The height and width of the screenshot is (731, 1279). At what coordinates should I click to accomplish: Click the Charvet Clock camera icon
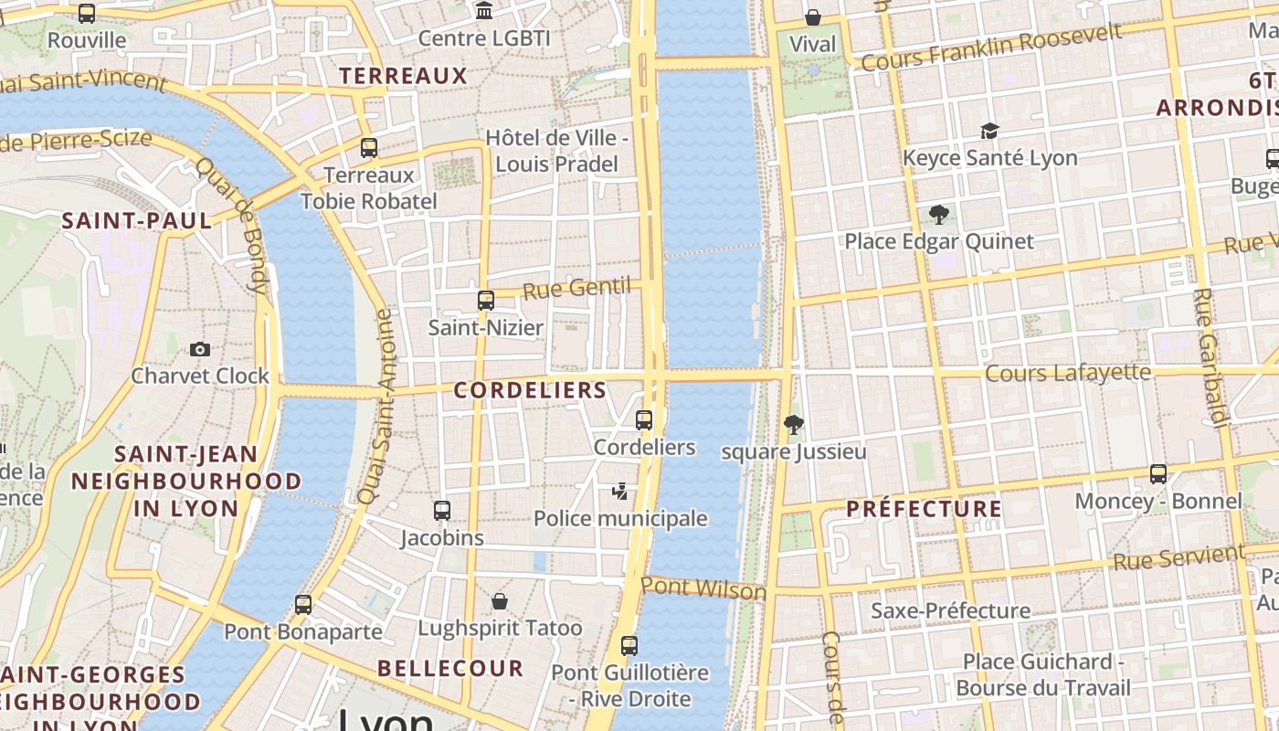(x=200, y=349)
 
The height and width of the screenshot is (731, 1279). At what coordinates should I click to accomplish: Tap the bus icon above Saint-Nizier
(x=486, y=300)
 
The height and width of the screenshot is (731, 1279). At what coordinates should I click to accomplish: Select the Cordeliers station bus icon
(x=644, y=420)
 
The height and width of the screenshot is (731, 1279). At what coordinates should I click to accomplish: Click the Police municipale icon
(x=620, y=492)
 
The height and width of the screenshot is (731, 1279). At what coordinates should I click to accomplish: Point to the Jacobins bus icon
(x=442, y=511)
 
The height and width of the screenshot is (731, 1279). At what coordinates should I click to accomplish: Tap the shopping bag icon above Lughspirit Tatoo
(x=500, y=601)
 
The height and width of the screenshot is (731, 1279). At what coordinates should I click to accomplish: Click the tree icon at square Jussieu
(x=794, y=424)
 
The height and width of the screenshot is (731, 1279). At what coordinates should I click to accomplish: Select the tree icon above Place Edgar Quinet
(x=938, y=215)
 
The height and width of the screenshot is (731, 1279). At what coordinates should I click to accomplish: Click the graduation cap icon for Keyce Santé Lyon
(x=989, y=131)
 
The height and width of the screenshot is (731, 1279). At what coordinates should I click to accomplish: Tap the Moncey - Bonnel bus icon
(x=1158, y=474)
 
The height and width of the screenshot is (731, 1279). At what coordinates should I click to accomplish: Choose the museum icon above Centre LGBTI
(x=484, y=11)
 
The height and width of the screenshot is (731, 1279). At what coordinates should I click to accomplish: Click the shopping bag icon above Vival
(x=812, y=17)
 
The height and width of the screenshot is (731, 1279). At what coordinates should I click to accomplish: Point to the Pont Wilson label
(x=703, y=588)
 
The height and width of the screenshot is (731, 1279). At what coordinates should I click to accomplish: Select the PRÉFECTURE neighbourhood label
(x=924, y=509)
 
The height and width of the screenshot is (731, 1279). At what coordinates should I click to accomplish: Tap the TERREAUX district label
(x=403, y=76)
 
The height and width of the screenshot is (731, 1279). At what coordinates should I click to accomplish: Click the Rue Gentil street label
(x=576, y=289)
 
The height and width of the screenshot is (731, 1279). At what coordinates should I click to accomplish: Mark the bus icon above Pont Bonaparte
(x=303, y=605)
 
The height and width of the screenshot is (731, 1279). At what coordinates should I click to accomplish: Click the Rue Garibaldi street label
(x=1209, y=357)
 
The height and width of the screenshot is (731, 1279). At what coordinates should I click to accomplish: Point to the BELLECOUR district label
(x=450, y=668)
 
